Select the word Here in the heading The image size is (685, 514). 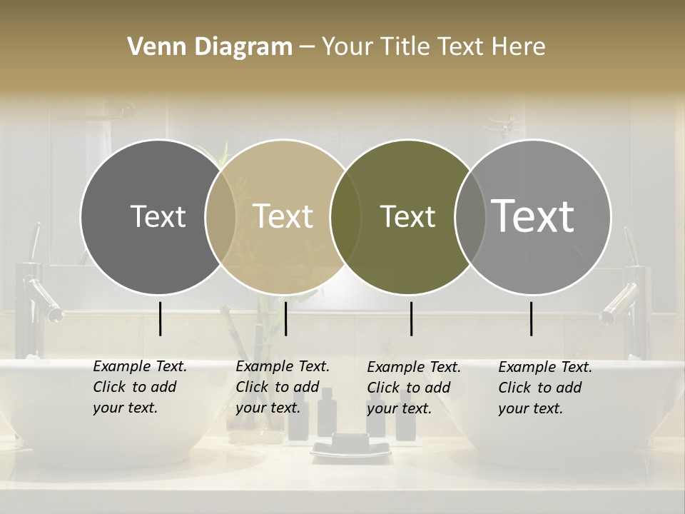click(x=519, y=47)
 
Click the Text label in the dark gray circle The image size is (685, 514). click(x=158, y=216)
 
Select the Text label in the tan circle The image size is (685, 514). click(x=283, y=216)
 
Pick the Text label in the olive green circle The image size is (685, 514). click(x=407, y=216)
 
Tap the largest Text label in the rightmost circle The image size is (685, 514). click(x=532, y=216)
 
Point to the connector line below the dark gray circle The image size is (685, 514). click(x=160, y=318)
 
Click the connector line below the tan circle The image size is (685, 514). click(x=285, y=318)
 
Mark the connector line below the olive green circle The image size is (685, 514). click(x=411, y=318)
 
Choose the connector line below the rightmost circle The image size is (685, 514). click(x=531, y=318)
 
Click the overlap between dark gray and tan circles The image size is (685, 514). click(x=220, y=216)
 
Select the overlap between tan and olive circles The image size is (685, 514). click(x=345, y=216)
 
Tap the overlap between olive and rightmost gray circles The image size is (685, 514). click(x=470, y=216)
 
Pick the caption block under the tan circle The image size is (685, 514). click(x=283, y=387)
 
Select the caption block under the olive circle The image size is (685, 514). click(x=414, y=388)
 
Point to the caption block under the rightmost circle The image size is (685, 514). click(x=545, y=388)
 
